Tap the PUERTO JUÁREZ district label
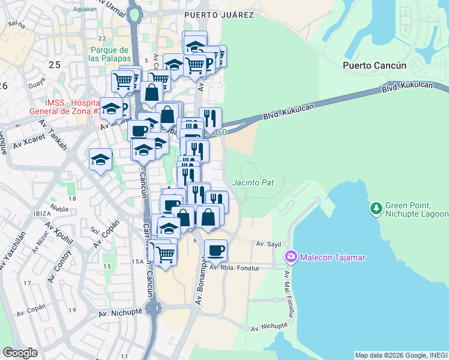218,15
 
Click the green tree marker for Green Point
376,208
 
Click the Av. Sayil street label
268,244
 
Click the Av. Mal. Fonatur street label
287,291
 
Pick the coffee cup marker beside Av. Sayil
215,250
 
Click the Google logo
20,352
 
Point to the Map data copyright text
401,355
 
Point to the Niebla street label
59,209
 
